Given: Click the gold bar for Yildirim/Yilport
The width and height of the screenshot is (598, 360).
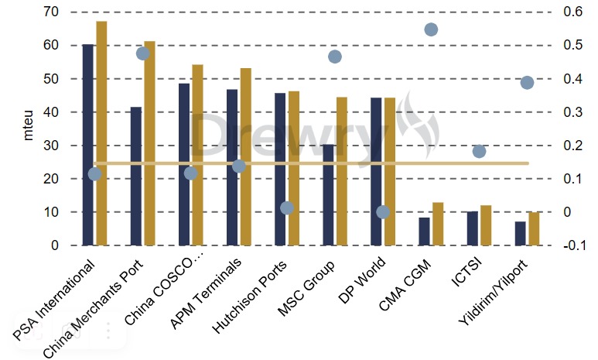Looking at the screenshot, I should coord(534,228).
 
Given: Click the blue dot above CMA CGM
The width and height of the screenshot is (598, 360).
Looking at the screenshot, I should coord(431,29).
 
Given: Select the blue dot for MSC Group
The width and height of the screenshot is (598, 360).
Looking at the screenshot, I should coord(335,57).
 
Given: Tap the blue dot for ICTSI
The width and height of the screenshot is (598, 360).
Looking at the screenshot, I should coord(479,151).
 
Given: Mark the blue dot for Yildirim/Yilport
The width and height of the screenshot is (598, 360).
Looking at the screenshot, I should coord(527,83).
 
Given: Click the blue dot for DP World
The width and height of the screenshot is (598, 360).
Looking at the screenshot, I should coord(382,212).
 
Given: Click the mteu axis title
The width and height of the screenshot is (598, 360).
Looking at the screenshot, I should coord(29,128).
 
